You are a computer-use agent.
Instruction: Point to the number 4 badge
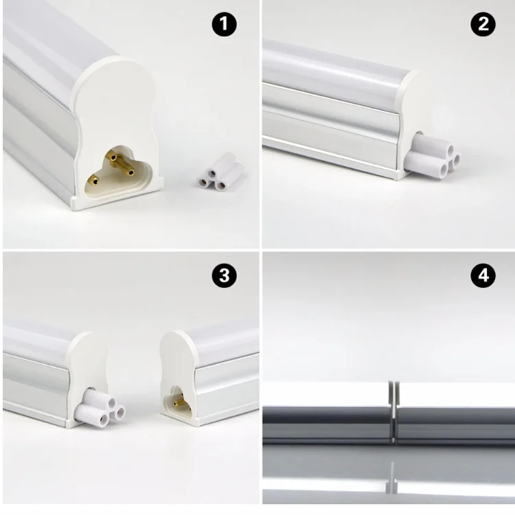(x=483, y=276)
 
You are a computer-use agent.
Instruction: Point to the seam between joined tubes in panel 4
(x=392, y=412)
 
